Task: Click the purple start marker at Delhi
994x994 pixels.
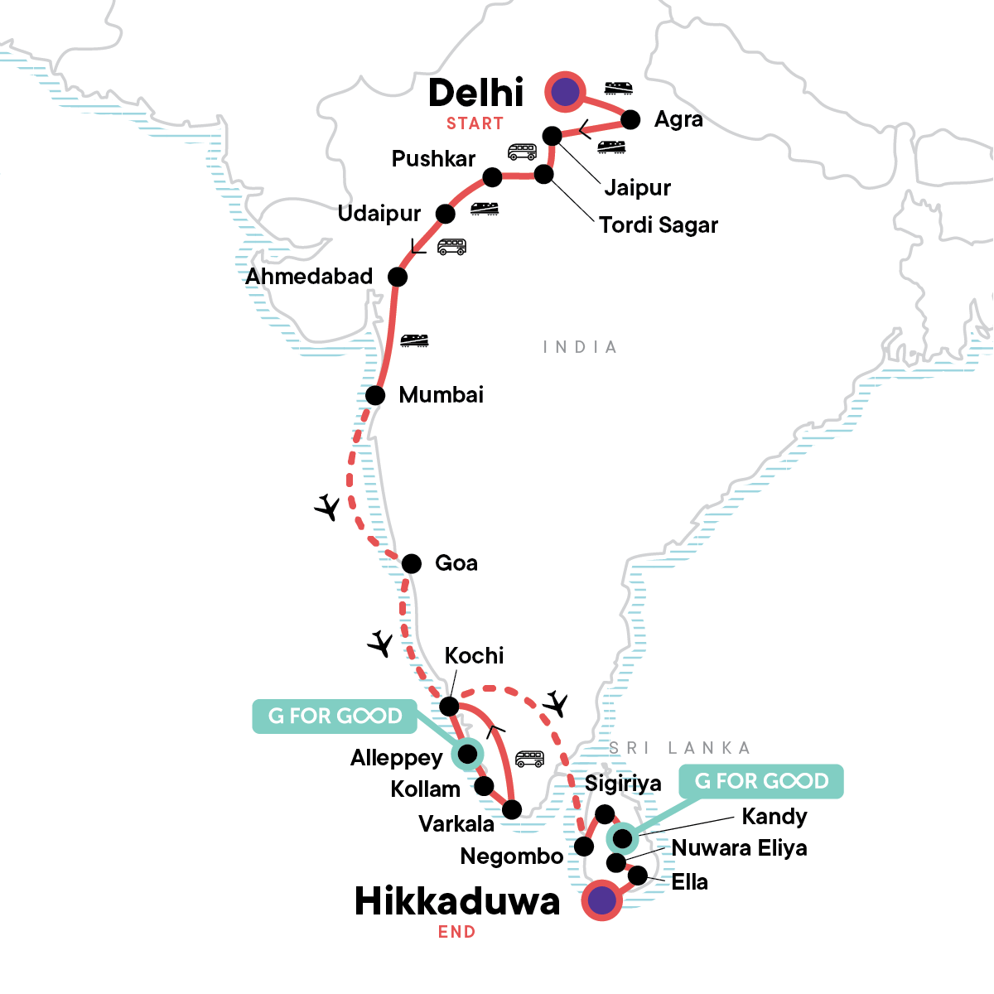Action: pyautogui.click(x=565, y=91)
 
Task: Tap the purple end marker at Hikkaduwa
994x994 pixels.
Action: pyautogui.click(x=601, y=900)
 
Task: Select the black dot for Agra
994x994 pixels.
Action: pyautogui.click(x=630, y=120)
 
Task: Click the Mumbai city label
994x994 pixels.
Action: pyautogui.click(x=441, y=395)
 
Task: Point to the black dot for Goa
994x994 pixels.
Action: pyautogui.click(x=412, y=564)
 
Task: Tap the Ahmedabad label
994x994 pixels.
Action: pyautogui.click(x=309, y=277)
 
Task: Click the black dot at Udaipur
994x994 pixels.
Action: pyautogui.click(x=446, y=214)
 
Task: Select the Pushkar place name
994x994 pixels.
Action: pyautogui.click(x=433, y=159)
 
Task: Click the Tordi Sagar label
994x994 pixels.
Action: pyautogui.click(x=659, y=225)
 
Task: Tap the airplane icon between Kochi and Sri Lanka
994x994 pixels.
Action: pyautogui.click(x=556, y=704)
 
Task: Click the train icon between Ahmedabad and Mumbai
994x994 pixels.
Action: pyautogui.click(x=414, y=340)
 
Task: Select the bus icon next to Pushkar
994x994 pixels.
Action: pyautogui.click(x=522, y=152)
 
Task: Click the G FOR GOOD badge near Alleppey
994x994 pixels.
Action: pyautogui.click(x=335, y=717)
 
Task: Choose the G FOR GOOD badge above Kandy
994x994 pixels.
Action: pyautogui.click(x=761, y=781)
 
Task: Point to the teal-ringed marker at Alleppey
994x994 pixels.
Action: pyautogui.click(x=468, y=754)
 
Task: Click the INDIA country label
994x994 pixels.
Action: pyautogui.click(x=580, y=347)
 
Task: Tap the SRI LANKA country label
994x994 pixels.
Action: pyautogui.click(x=679, y=748)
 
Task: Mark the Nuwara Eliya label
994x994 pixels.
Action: pyautogui.click(x=739, y=848)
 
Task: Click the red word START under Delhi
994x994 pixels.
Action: pyautogui.click(x=475, y=123)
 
